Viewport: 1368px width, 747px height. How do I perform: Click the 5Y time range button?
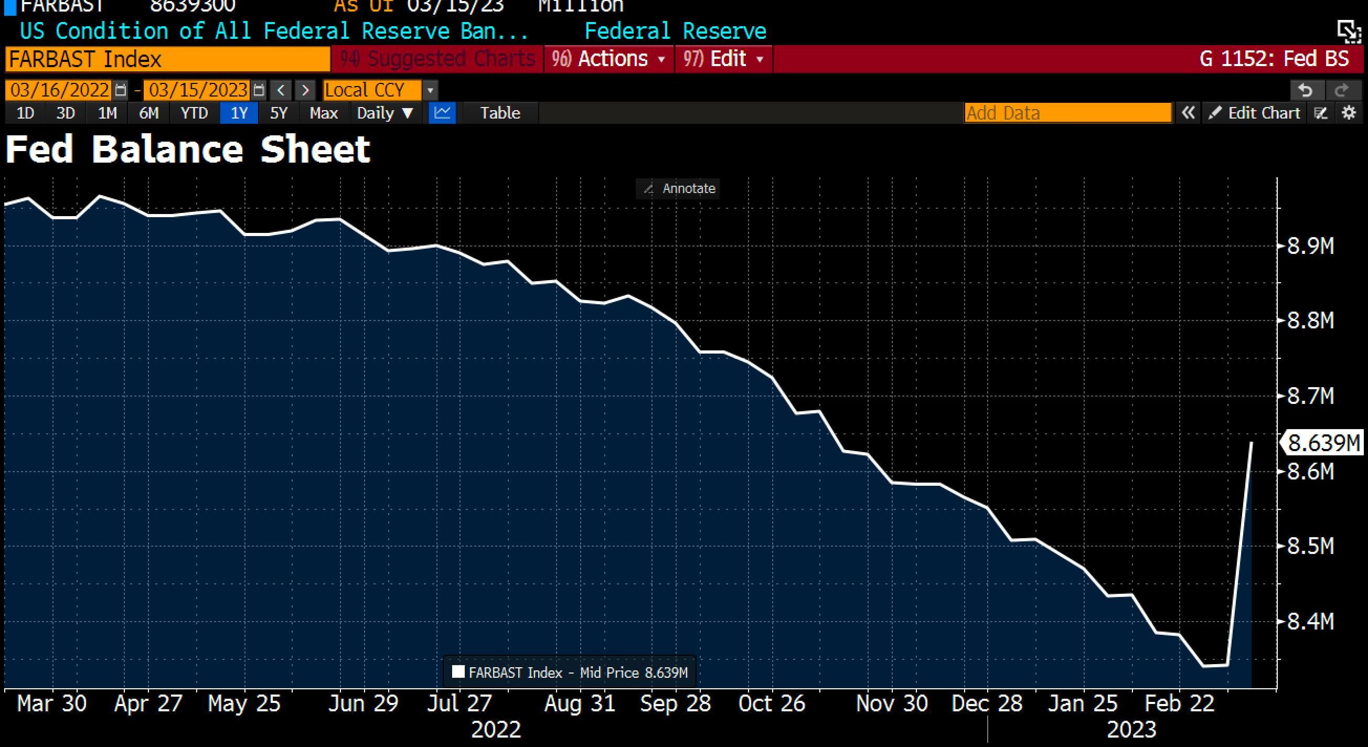coord(279,113)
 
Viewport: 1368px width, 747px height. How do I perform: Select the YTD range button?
coord(194,113)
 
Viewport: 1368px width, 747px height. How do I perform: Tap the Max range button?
coord(324,113)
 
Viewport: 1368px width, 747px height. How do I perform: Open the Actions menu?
coord(608,59)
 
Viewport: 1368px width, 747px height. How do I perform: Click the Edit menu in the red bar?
coord(723,59)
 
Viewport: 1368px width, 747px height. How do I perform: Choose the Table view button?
coord(500,113)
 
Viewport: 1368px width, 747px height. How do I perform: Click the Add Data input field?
coord(1067,113)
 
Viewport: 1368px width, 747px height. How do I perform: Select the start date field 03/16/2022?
coord(59,90)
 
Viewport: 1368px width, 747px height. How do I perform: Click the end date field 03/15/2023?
coord(198,90)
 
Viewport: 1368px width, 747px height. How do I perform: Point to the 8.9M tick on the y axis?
coord(1310,247)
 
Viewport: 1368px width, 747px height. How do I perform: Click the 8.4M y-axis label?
coord(1310,621)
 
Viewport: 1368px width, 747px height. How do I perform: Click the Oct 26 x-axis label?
coord(772,703)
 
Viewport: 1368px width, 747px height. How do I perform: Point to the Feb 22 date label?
coord(1179,703)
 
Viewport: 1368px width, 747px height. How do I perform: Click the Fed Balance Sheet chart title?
coord(187,149)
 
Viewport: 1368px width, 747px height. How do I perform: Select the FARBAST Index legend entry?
coord(570,673)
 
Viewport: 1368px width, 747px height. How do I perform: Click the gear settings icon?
coord(1349,113)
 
